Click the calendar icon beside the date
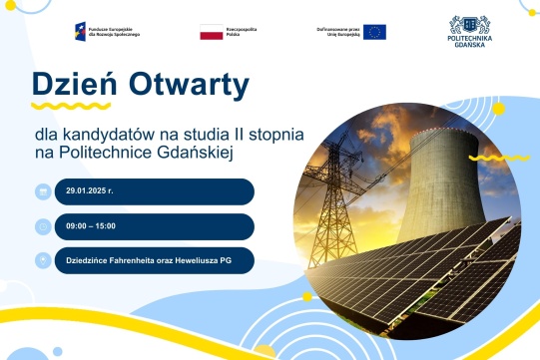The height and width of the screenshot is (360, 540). point(43,191)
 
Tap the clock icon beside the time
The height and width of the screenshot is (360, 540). point(43,226)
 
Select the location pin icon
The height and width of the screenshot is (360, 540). point(43,260)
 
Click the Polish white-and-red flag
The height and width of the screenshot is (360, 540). point(211,31)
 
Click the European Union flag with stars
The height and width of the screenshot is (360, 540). point(374,31)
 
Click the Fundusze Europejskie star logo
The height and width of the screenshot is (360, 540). point(80,31)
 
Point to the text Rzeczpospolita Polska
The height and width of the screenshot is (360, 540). point(243,31)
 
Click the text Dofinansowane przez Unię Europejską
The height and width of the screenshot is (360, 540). point(336,31)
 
